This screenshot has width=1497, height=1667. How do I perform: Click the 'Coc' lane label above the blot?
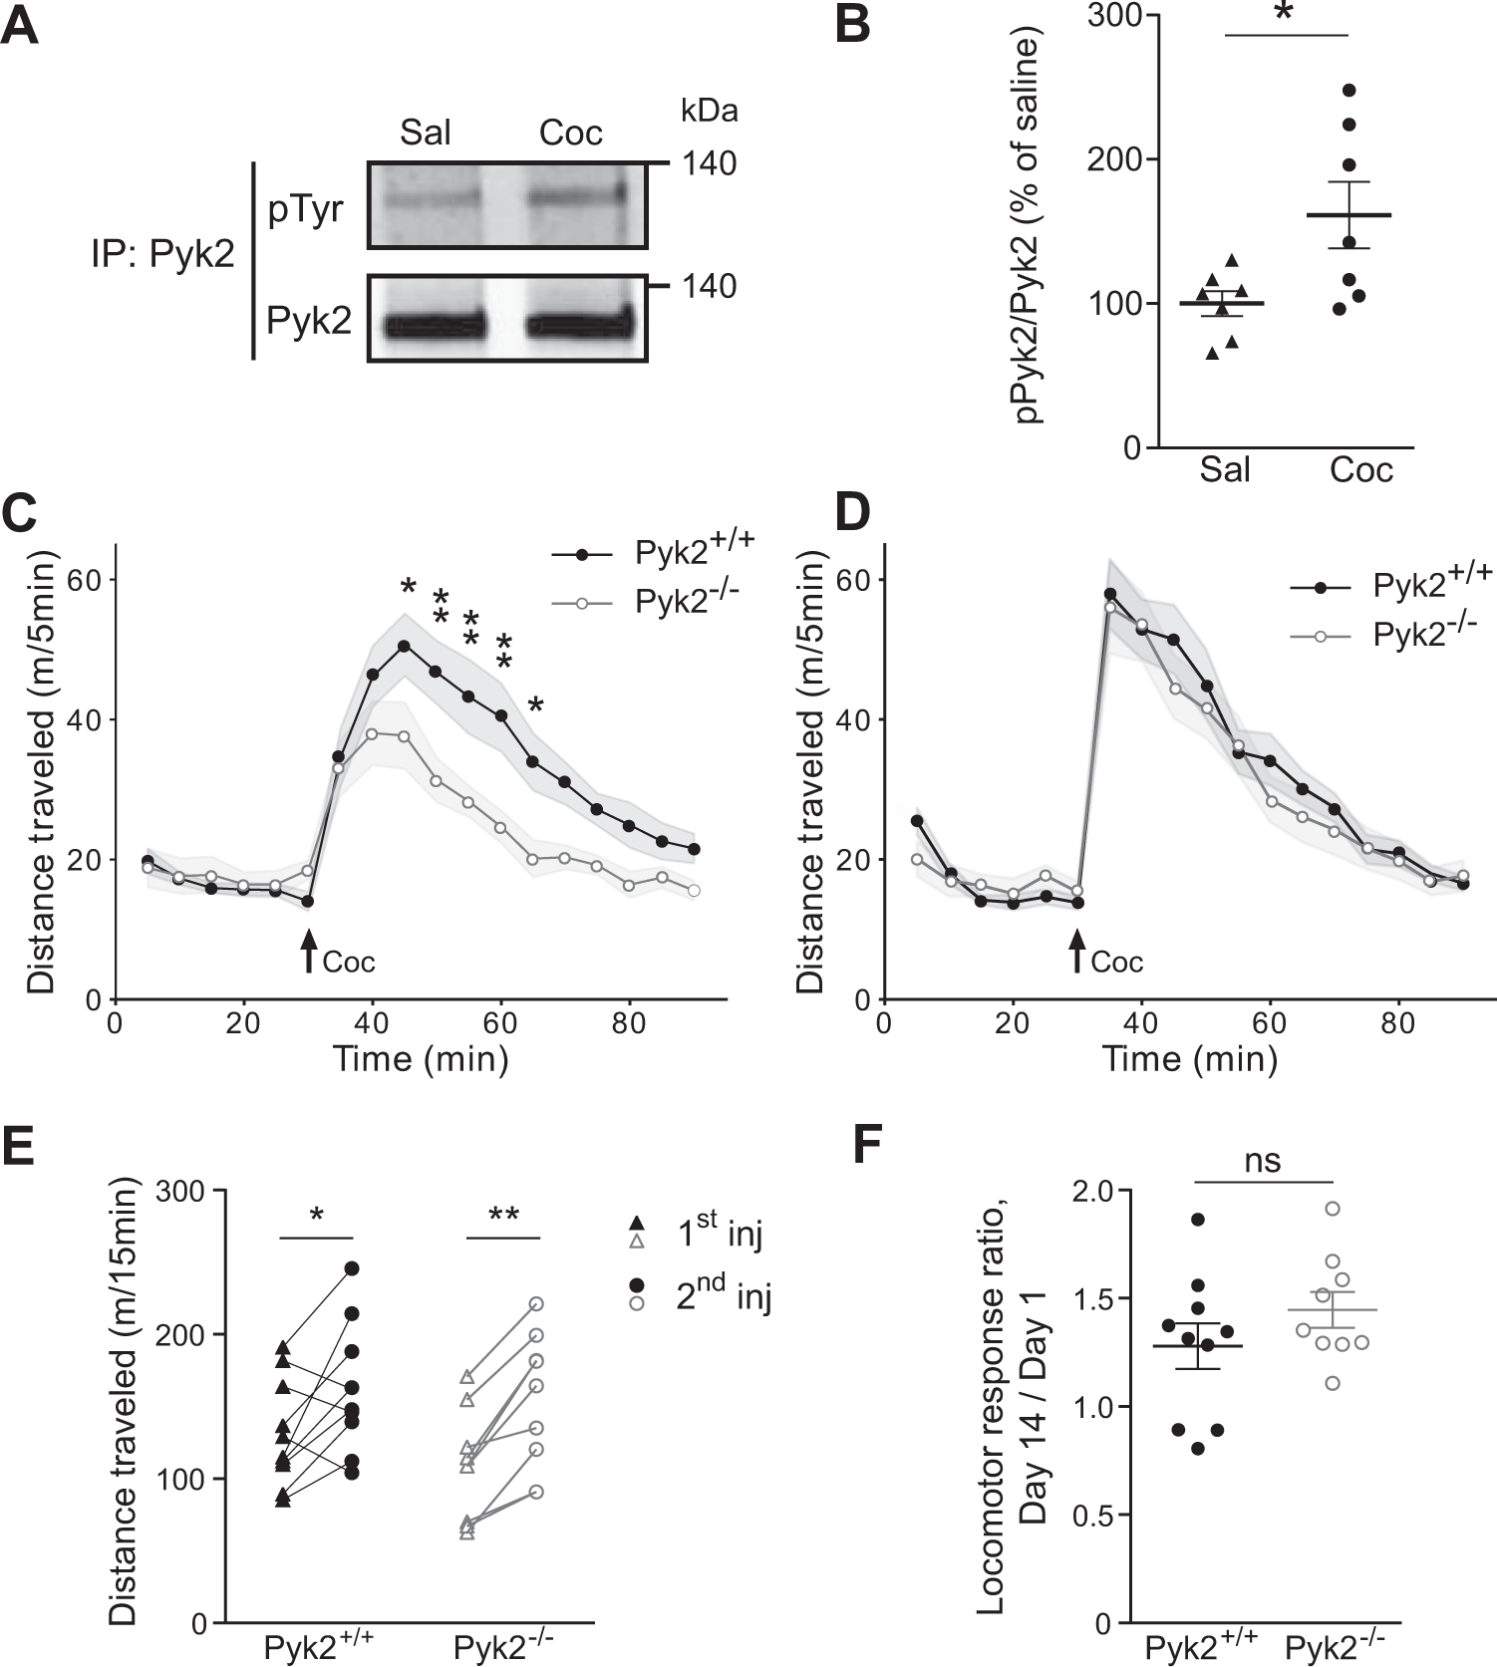(x=570, y=133)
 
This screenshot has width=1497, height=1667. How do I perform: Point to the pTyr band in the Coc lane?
(x=578, y=196)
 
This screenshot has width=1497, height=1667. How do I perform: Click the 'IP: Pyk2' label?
(x=162, y=255)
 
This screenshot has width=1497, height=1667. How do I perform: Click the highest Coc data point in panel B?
(x=1349, y=91)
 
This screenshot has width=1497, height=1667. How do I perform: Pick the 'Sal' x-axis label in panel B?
(x=1224, y=469)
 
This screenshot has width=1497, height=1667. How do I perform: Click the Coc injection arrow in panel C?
(x=309, y=950)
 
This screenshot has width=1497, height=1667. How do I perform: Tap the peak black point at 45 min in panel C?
(x=405, y=646)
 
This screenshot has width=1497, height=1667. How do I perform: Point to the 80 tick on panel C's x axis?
(x=629, y=1023)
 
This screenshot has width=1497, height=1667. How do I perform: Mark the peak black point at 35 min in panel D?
(x=1110, y=594)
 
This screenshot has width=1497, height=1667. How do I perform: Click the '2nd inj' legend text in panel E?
(x=724, y=1294)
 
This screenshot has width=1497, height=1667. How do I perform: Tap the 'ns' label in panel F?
(x=1263, y=1161)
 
